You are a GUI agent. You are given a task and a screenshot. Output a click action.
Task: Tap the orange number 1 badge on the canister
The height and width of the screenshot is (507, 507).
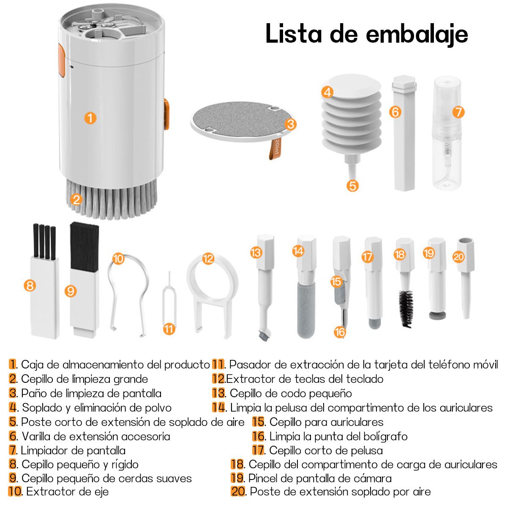tap(90, 118)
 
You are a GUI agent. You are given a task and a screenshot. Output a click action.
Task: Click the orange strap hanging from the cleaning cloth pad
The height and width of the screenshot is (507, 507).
tap(275, 148)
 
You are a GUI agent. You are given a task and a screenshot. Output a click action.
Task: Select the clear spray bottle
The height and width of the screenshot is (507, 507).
tap(447, 132)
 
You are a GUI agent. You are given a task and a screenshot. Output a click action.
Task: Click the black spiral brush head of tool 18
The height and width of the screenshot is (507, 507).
tap(406, 308)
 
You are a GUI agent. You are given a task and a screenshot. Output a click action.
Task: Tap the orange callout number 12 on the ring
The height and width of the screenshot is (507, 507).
tap(208, 259)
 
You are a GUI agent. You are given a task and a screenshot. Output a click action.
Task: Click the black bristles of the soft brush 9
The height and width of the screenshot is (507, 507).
tap(84, 246)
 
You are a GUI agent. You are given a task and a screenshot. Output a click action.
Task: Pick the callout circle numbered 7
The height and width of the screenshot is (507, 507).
tap(458, 112)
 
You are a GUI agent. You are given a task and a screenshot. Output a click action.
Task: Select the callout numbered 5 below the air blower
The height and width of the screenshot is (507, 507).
tap(352, 186)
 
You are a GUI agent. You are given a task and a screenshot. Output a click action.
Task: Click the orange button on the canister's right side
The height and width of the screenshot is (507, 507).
tap(166, 114)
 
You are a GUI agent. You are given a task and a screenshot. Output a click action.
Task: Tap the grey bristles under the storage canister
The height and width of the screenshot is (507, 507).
tap(111, 199)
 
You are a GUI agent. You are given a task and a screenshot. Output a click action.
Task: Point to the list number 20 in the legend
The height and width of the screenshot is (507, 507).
tap(238, 491)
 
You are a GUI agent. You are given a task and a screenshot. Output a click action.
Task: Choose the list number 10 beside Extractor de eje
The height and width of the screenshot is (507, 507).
tap(15, 491)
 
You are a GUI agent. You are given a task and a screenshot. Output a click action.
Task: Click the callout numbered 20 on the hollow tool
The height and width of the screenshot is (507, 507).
tap(458, 257)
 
